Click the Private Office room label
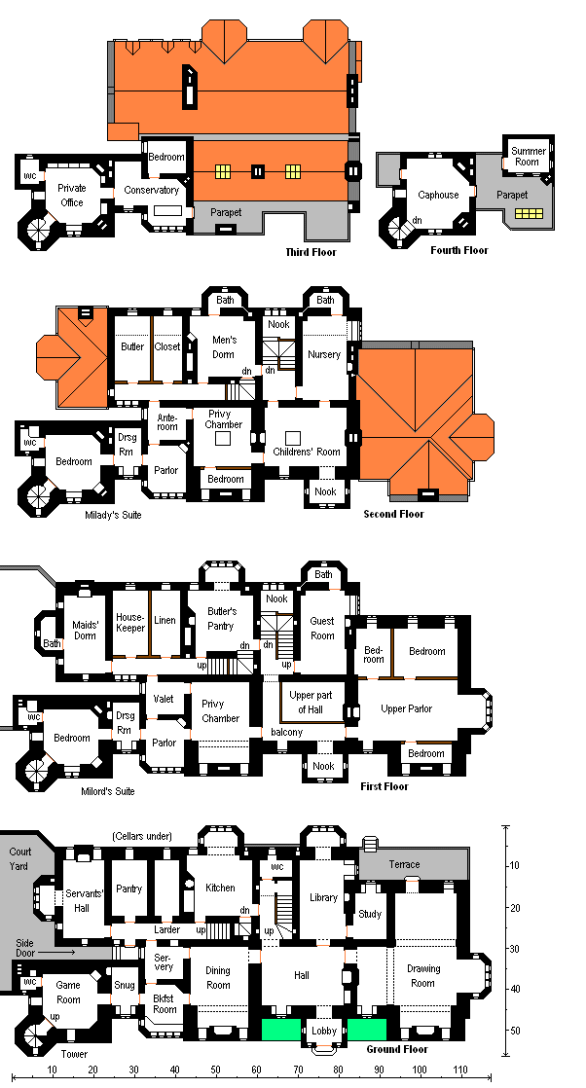(71, 195)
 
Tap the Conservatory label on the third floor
(151, 190)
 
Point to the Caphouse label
(438, 195)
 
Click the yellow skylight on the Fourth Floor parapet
(530, 213)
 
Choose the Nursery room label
(324, 354)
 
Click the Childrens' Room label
(307, 452)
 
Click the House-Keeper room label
(130, 622)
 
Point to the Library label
(322, 897)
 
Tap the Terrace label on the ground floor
(404, 864)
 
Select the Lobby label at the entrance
(323, 1032)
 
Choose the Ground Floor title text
(397, 1049)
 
